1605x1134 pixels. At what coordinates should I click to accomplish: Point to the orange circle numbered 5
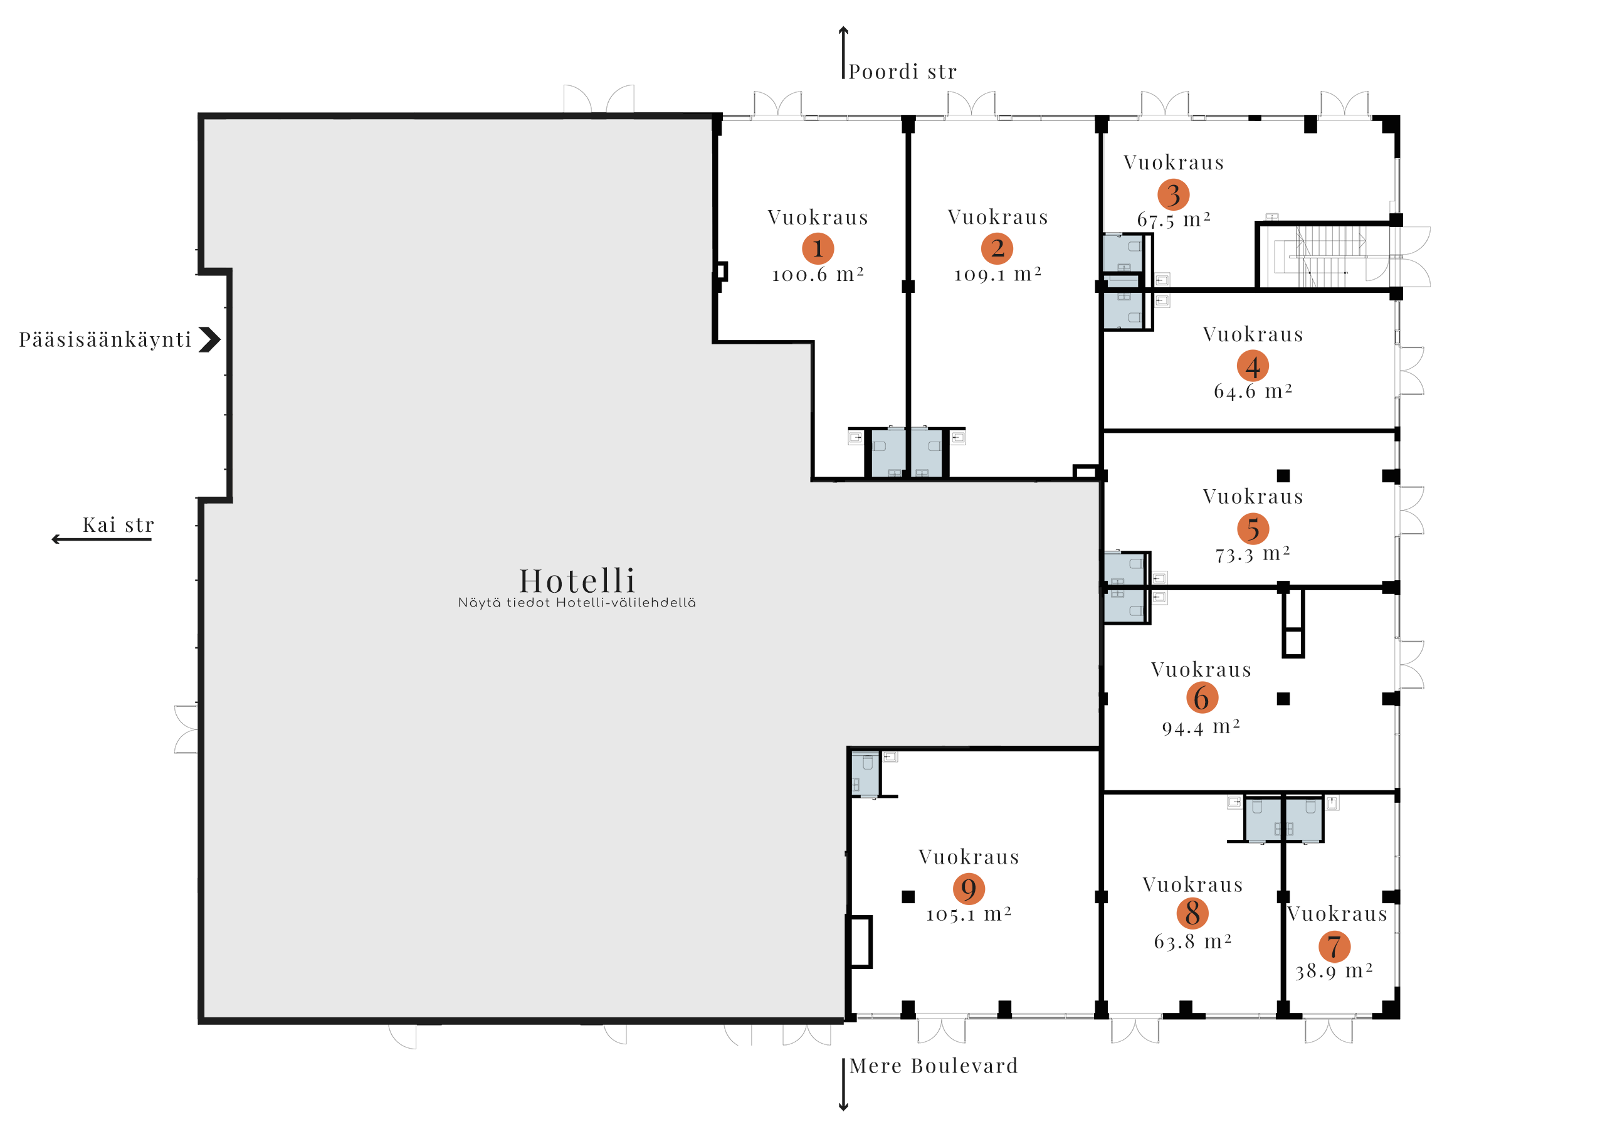(1253, 529)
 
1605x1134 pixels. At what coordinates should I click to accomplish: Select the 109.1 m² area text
(997, 274)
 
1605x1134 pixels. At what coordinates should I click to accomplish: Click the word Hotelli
(577, 580)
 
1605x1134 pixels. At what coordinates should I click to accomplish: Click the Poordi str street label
(902, 72)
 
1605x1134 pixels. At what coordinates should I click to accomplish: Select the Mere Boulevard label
(934, 1066)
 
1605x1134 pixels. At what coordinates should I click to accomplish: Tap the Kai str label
(117, 525)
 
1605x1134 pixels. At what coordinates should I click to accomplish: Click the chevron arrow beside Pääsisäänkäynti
(209, 340)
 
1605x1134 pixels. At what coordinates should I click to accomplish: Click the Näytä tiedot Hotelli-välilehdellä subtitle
(577, 603)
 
